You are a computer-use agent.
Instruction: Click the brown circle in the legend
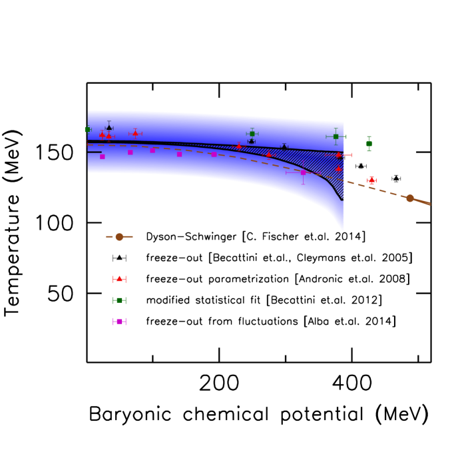[119, 237]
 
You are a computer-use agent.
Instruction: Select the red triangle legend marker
[119, 279]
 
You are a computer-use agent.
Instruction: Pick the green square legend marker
[119, 300]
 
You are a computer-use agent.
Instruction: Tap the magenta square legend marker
[119, 322]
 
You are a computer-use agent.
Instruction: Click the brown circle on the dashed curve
[409, 198]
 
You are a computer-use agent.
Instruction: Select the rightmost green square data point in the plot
[369, 144]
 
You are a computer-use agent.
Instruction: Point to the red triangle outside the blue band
[371, 180]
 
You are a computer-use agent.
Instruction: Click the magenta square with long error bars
[303, 172]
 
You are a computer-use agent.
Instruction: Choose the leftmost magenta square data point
[102, 156]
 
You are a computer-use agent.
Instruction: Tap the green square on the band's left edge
[87, 129]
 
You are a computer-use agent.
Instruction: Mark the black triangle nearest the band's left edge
[109, 127]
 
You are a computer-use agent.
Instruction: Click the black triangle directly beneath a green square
[252, 141]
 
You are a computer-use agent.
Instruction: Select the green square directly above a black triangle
[252, 134]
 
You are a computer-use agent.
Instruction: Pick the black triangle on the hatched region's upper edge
[284, 146]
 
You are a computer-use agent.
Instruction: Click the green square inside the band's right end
[336, 136]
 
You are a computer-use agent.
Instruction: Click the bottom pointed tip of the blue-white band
[342, 232]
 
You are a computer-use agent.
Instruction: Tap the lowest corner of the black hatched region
[342, 200]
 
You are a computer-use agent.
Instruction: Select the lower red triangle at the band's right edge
[338, 169]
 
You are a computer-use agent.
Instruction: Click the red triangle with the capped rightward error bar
[339, 155]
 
